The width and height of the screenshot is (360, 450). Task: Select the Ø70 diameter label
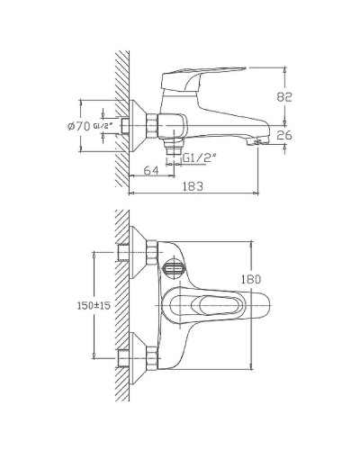click(x=76, y=126)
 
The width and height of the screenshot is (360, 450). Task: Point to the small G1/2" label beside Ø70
click(x=102, y=127)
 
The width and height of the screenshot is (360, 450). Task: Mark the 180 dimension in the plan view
click(x=255, y=280)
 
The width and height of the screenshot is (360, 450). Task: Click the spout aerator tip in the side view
click(x=261, y=139)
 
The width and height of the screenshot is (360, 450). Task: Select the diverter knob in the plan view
click(x=173, y=268)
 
